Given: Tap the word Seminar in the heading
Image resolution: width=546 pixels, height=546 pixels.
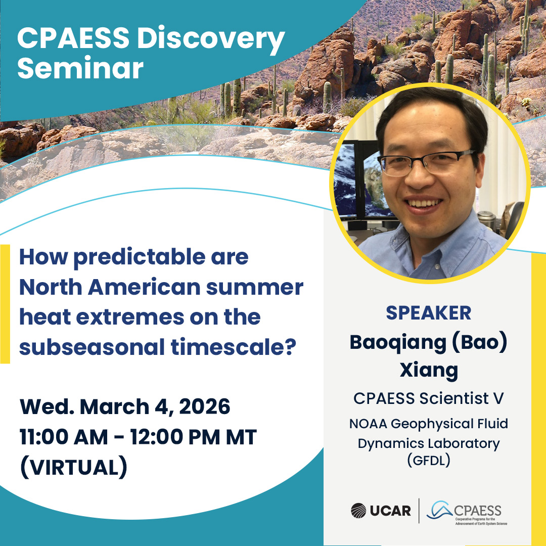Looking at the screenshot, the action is tap(80, 68).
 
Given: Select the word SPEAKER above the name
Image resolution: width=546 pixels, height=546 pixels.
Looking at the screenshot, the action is tap(428, 313).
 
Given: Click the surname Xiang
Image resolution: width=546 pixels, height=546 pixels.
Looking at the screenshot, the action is tap(429, 370).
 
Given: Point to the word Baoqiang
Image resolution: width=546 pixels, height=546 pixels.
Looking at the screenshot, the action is tap(398, 343).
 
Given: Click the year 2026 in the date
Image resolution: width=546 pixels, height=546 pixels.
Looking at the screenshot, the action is tap(204, 406).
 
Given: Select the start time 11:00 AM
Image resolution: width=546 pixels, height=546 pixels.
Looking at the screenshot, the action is tap(64, 437).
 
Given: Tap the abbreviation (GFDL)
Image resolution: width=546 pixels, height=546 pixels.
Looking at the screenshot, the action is tap(429, 461).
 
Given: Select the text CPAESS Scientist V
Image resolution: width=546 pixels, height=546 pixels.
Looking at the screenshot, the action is tap(428, 398).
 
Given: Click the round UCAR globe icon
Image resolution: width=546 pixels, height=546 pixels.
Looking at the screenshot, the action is tap(358, 511).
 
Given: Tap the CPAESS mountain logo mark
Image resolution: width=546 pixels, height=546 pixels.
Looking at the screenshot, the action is tap(440, 510).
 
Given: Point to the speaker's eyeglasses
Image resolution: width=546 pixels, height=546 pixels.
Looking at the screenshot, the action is tap(427, 163).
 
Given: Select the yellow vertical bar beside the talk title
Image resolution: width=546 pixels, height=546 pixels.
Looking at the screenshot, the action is tap(5, 304).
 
